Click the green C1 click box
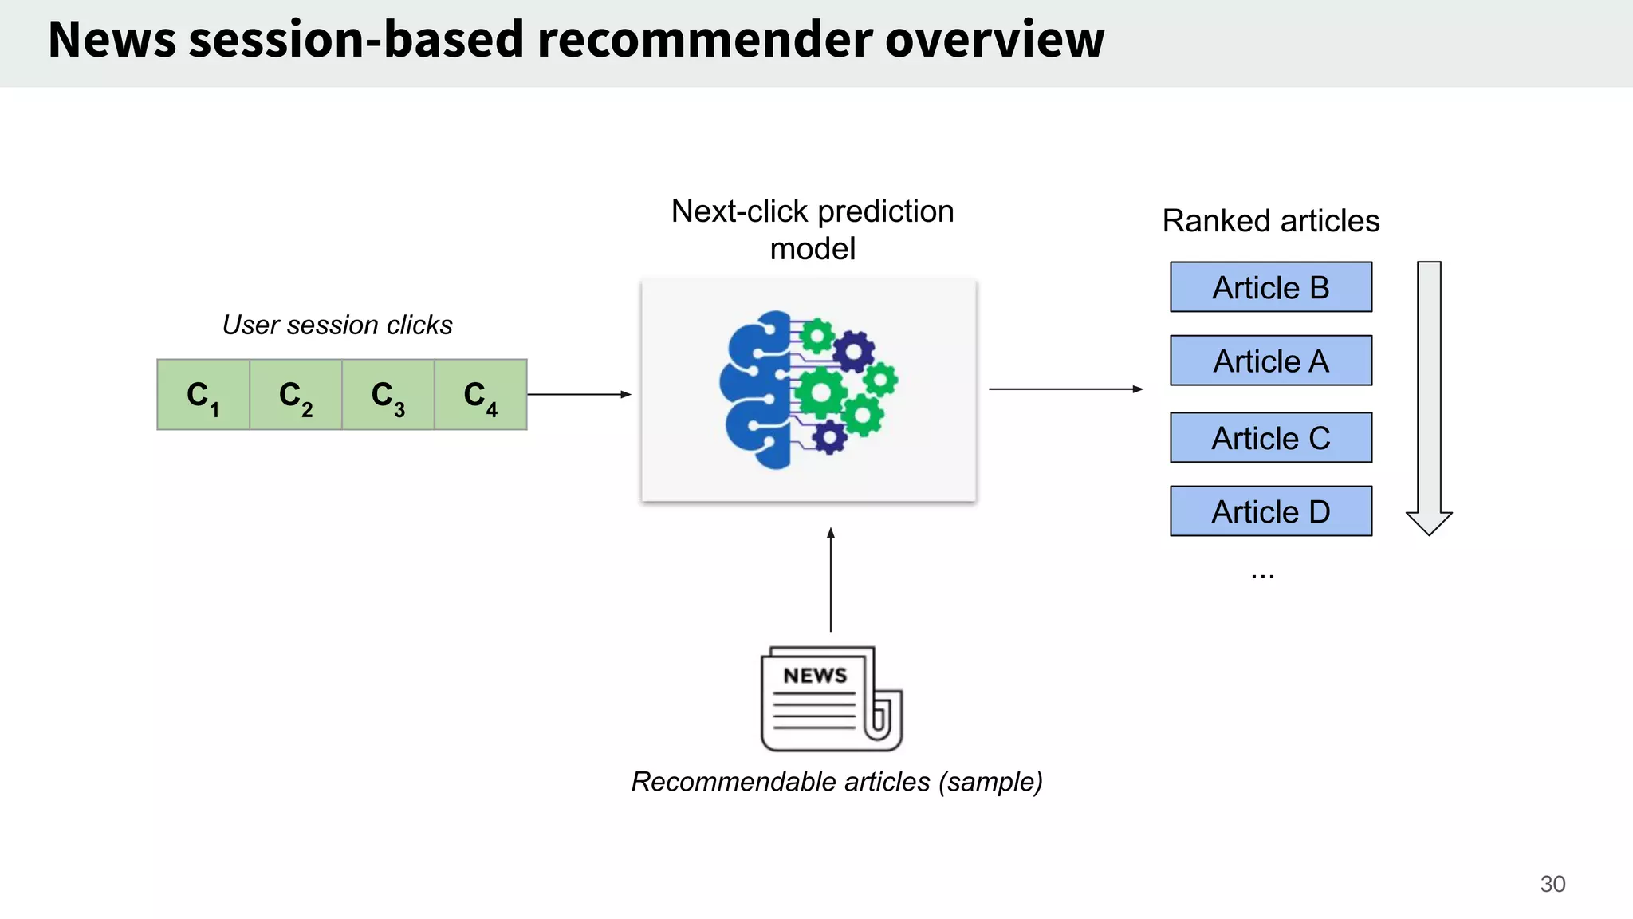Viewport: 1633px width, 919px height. click(x=203, y=395)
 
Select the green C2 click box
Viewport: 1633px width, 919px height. click(x=296, y=395)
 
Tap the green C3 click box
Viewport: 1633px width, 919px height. click(x=388, y=395)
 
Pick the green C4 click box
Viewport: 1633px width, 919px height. click(x=481, y=395)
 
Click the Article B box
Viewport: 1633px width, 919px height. click(x=1271, y=287)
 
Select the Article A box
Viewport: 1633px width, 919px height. click(x=1271, y=361)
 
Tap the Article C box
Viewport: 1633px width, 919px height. click(x=1271, y=438)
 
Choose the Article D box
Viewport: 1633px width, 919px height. click(x=1271, y=511)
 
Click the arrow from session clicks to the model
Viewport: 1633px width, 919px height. click(x=579, y=394)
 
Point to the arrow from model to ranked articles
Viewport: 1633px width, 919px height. click(x=1065, y=389)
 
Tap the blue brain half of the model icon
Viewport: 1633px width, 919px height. click(x=756, y=389)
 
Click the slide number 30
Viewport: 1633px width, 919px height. click(x=1552, y=884)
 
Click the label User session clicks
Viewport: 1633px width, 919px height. click(x=337, y=325)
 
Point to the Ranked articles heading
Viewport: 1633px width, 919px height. click(x=1271, y=221)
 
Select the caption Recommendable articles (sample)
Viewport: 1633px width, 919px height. click(x=837, y=782)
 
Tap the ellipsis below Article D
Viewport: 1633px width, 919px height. click(x=1262, y=575)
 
